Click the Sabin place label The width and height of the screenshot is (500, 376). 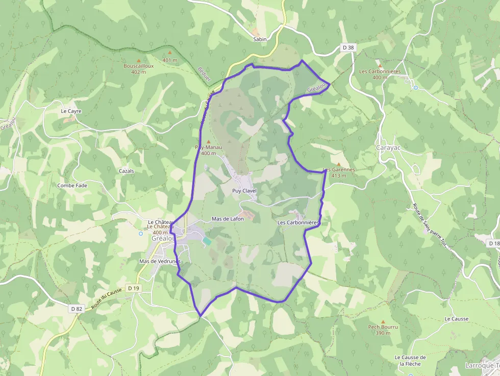pyautogui.click(x=260, y=39)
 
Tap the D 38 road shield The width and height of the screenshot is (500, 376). pyautogui.click(x=348, y=47)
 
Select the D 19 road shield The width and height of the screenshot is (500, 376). pyautogui.click(x=134, y=288)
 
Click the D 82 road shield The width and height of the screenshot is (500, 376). pyautogui.click(x=76, y=309)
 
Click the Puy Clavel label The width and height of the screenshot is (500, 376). pyautogui.click(x=244, y=191)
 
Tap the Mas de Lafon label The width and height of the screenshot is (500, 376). pyautogui.click(x=228, y=219)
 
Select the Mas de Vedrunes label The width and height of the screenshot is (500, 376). pyautogui.click(x=160, y=261)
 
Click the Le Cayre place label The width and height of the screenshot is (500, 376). pyautogui.click(x=71, y=111)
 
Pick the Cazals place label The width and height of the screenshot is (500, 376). pyautogui.click(x=126, y=170)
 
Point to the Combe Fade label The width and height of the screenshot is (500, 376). pyautogui.click(x=72, y=186)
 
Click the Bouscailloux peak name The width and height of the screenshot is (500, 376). pyautogui.click(x=138, y=66)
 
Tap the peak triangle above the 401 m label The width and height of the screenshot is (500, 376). pyautogui.click(x=170, y=53)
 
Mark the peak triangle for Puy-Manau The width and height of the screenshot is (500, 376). pyautogui.click(x=208, y=141)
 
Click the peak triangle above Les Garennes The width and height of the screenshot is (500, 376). pyautogui.click(x=338, y=164)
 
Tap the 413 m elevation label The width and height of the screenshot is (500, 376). pyautogui.click(x=338, y=176)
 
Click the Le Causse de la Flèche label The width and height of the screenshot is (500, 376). pyautogui.click(x=410, y=360)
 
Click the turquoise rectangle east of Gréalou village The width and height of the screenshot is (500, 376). pyautogui.click(x=206, y=240)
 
